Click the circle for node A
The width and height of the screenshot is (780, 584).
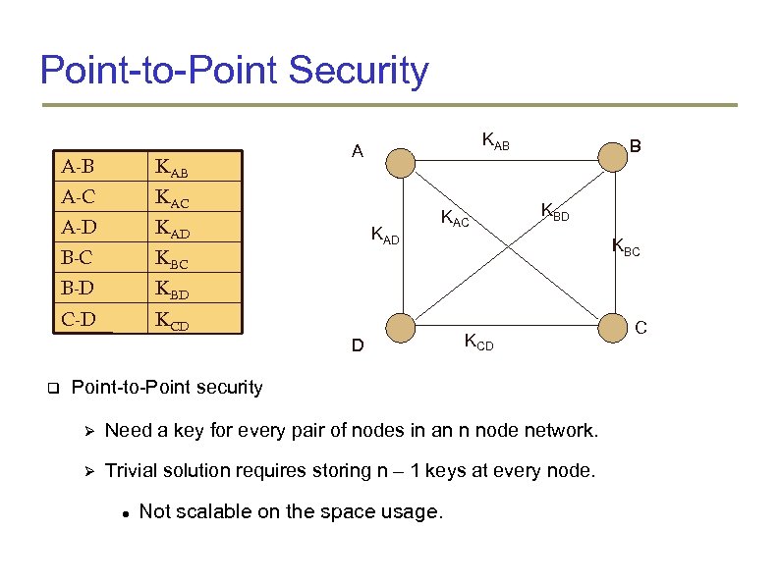click(400, 161)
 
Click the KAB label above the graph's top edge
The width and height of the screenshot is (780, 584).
click(495, 142)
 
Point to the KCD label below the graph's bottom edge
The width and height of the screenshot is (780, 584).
click(478, 343)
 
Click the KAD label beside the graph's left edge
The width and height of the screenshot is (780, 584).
click(384, 236)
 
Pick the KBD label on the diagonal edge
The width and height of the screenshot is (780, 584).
click(555, 210)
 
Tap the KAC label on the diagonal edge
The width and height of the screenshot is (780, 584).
click(456, 218)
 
